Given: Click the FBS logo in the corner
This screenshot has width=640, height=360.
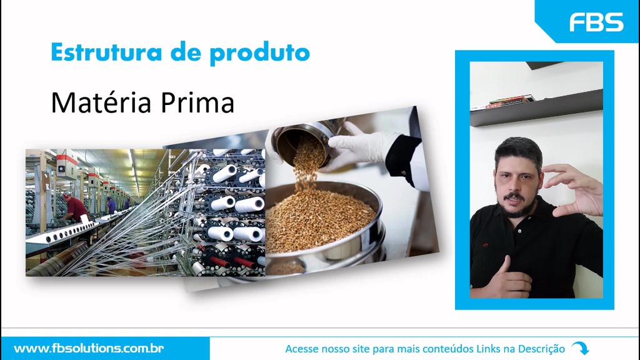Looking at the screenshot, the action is [597, 22].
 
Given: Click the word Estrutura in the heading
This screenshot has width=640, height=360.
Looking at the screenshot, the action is [106, 52].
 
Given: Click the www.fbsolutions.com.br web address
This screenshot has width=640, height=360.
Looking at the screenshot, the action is [89, 349].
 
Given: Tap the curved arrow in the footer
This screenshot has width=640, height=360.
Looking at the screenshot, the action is [581, 348].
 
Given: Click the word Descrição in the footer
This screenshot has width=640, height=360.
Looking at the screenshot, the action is [541, 349].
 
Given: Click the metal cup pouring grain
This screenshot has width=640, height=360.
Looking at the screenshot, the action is [302, 143].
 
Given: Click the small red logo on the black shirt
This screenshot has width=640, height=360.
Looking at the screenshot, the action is [486, 245].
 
